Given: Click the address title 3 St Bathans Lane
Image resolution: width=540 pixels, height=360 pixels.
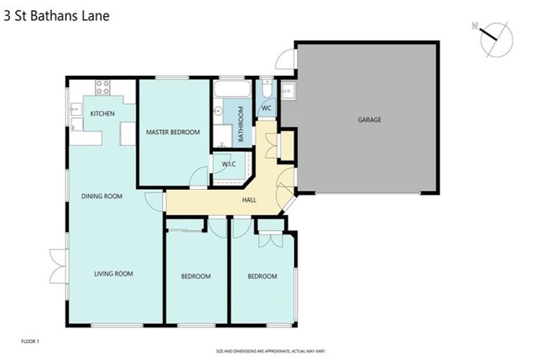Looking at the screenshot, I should (x=56, y=15).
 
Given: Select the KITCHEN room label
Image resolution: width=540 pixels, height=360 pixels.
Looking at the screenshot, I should (x=102, y=113).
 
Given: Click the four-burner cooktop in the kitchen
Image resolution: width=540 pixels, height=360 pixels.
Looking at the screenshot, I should (x=102, y=88).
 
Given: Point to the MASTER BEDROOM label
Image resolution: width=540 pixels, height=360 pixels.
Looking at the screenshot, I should (x=173, y=132).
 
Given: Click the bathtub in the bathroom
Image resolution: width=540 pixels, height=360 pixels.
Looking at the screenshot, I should (x=231, y=89).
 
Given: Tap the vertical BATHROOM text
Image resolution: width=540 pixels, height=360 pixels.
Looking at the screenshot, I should (x=240, y=124).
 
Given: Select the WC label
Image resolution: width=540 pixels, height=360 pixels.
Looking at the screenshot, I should (x=267, y=109).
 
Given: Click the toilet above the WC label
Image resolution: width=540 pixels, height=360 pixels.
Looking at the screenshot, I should (x=267, y=90).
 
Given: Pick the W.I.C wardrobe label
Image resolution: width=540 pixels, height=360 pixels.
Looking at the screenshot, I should (x=228, y=165).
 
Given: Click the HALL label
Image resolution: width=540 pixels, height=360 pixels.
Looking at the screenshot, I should (x=249, y=200).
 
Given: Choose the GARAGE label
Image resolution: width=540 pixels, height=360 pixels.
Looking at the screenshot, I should (x=369, y=120).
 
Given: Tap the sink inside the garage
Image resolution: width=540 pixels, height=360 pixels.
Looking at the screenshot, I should (x=288, y=90).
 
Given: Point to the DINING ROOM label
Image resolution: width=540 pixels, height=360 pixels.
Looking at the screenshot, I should (x=102, y=196).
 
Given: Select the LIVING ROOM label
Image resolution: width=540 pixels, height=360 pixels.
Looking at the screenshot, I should (x=114, y=274).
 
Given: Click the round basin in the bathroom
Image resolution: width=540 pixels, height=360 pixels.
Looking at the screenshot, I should (x=218, y=110).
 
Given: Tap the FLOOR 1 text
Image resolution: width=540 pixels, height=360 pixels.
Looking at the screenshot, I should (x=30, y=341).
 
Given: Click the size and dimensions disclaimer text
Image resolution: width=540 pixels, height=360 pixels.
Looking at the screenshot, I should (x=270, y=350).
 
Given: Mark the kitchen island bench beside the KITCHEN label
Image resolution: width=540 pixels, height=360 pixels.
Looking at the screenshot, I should (x=127, y=133).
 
